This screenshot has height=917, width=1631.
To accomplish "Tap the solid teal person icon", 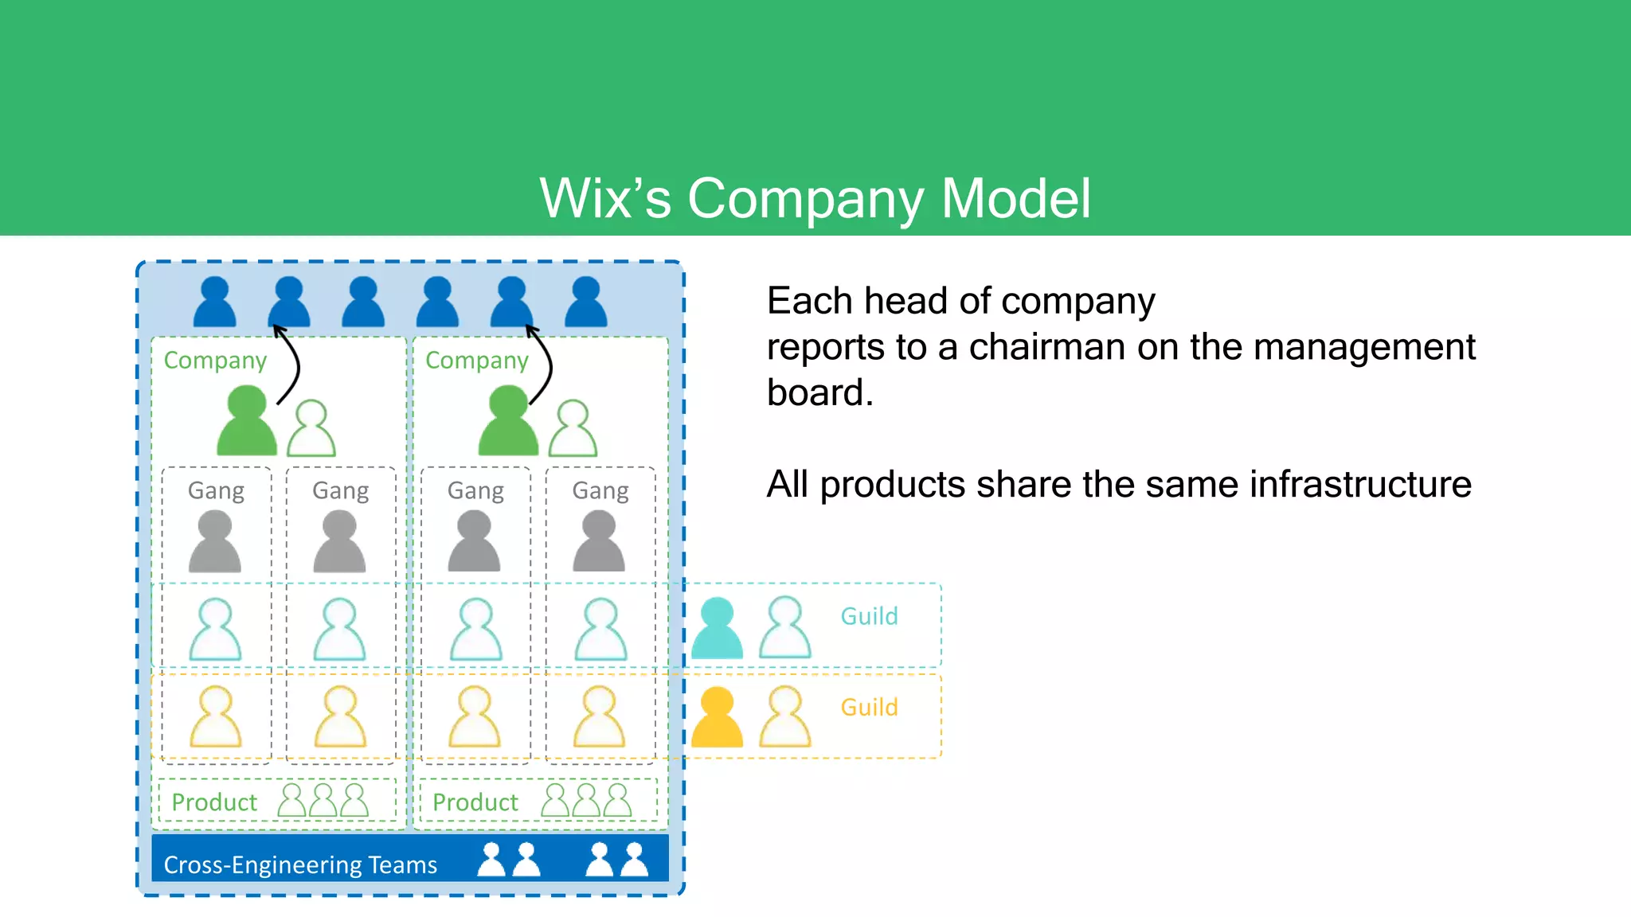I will click(717, 628).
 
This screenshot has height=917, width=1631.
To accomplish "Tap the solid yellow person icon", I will click(717, 717).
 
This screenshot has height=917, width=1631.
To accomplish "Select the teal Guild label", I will click(869, 616).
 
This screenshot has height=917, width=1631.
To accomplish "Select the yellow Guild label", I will click(869, 707).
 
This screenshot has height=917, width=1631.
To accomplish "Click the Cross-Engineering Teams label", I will click(300, 864).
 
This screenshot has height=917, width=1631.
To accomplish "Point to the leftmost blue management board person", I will click(215, 302).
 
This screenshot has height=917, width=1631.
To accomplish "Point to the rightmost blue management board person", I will click(586, 302).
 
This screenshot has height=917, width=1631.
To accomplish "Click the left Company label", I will click(215, 361).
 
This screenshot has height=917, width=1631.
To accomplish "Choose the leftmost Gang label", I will click(216, 490).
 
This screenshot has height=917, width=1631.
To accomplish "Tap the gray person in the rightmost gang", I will click(599, 542).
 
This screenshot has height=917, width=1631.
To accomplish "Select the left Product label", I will click(214, 802).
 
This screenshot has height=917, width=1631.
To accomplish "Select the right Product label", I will click(475, 802).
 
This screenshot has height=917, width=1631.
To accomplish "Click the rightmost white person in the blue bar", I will click(635, 860).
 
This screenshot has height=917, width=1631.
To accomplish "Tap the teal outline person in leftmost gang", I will click(215, 630).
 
